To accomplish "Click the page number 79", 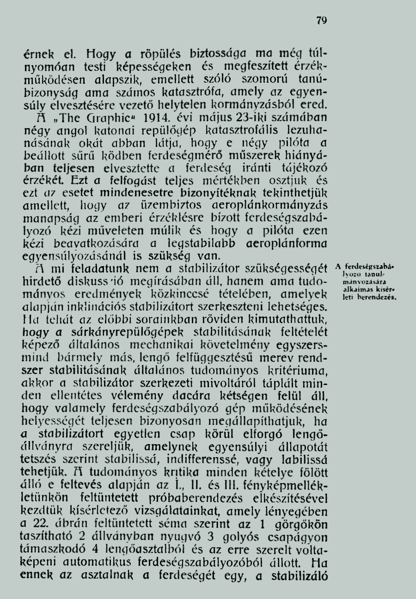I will pyautogui.click(x=322, y=20).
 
